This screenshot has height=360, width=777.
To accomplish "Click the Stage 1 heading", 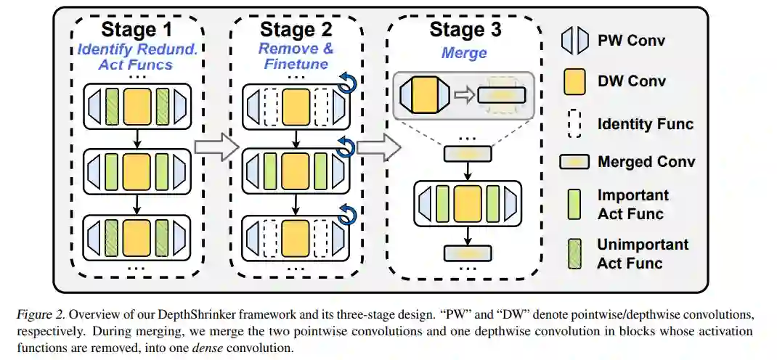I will coord(137,30).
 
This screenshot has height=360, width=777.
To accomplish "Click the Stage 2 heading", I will coord(296,30).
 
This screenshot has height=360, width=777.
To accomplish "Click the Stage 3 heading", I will coord(465,30).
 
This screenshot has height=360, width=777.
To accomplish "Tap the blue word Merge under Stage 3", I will coord(464,53).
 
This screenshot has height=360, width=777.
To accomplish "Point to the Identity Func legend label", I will coord(645,123).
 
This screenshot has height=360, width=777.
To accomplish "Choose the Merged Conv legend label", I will coord(646,162).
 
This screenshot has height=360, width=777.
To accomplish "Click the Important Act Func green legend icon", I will coord(574,204).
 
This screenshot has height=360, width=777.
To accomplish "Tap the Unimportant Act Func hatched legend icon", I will coord(574,253).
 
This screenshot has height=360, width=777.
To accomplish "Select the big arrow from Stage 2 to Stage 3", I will coord(378,148).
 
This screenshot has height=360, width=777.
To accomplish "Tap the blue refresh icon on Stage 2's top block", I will coord(347,85).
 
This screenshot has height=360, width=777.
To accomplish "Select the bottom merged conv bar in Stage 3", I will coord(468,253).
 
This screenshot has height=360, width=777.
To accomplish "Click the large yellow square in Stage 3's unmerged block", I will coord(468,202).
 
